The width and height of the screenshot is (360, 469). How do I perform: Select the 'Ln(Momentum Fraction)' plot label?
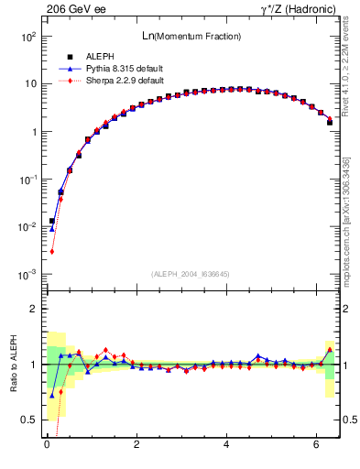[192, 36]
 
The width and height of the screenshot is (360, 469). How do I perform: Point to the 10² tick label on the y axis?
[28, 37]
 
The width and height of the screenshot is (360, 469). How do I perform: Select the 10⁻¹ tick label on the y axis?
[28, 180]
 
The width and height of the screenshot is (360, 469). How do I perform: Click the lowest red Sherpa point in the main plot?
[52, 251]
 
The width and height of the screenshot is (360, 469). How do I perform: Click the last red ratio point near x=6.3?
[330, 349]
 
